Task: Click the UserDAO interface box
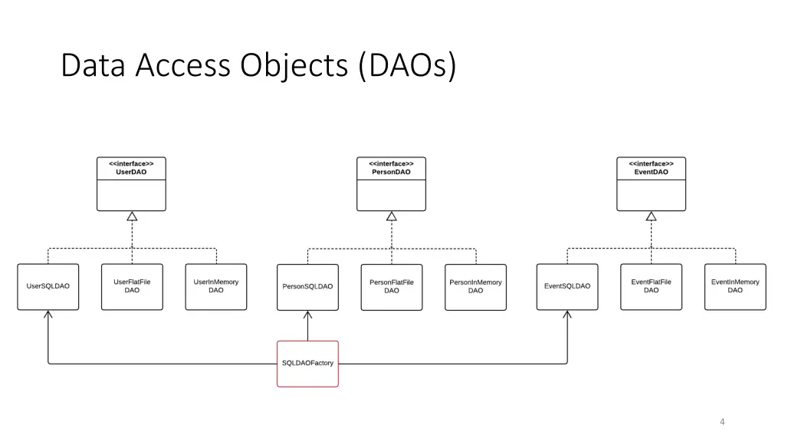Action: click(x=131, y=184)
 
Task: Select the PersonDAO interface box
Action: click(x=391, y=184)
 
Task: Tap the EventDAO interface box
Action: click(x=651, y=184)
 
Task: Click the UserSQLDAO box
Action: click(x=48, y=286)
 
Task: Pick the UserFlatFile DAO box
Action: click(x=132, y=286)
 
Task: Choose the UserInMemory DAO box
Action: click(x=216, y=286)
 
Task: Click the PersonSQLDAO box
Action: click(x=307, y=286)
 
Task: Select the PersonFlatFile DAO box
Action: click(x=392, y=286)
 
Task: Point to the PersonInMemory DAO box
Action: click(x=475, y=286)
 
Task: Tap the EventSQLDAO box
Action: click(x=567, y=286)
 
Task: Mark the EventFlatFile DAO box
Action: click(x=651, y=286)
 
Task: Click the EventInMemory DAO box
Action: click(x=735, y=286)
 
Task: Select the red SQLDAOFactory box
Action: click(x=307, y=363)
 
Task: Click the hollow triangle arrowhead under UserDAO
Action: click(x=132, y=216)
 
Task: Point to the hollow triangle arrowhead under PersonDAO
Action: click(x=392, y=216)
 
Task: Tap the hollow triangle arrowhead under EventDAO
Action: click(x=651, y=216)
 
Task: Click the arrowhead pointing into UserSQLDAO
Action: click(x=48, y=315)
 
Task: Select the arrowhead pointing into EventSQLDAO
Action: click(x=567, y=315)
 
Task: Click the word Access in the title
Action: click(x=183, y=66)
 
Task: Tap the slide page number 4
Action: click(x=722, y=421)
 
